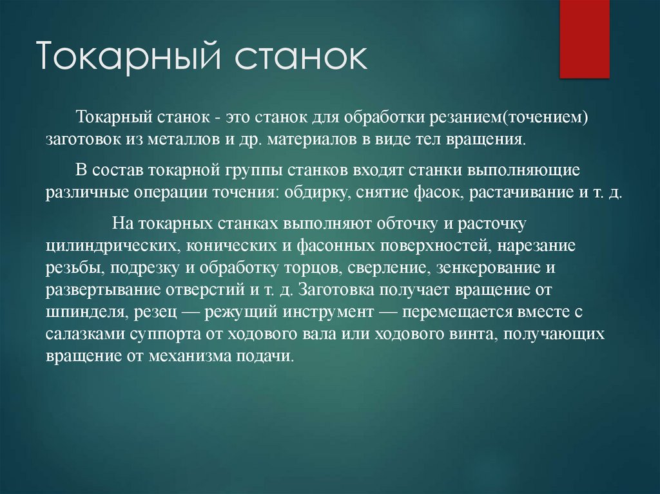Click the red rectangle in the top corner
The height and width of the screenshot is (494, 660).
(584, 39)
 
